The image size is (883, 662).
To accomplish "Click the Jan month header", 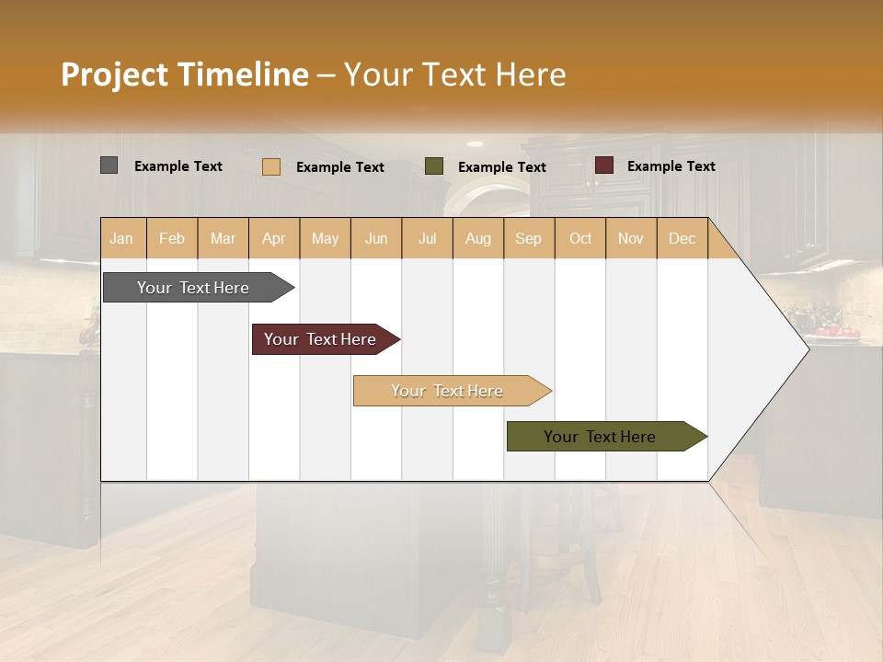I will (121, 238).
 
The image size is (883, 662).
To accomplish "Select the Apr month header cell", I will (273, 238).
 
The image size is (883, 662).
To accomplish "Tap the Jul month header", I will (427, 238).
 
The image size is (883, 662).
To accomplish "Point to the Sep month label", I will (528, 238).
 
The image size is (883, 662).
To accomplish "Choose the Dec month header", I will (682, 238).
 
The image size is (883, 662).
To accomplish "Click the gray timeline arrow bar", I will (193, 288).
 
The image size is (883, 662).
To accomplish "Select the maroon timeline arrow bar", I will (320, 339).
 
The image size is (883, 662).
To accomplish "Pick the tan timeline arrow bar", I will (447, 391).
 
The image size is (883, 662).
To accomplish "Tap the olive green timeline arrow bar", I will (600, 437).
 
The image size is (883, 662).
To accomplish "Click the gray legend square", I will (109, 165).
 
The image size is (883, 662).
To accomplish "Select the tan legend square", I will (270, 166).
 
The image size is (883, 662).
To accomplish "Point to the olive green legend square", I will (433, 166).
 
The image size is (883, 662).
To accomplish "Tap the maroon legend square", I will (603, 165).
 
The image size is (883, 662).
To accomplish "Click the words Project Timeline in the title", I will (185, 74).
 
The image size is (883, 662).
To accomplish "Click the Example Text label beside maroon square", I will (671, 166).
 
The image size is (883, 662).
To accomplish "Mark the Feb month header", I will (172, 238).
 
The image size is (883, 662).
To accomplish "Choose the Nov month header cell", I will (630, 238).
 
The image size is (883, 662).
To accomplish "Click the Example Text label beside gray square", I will (178, 166).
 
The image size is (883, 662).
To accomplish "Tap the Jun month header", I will (376, 238).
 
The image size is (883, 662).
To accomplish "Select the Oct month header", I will (580, 238).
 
